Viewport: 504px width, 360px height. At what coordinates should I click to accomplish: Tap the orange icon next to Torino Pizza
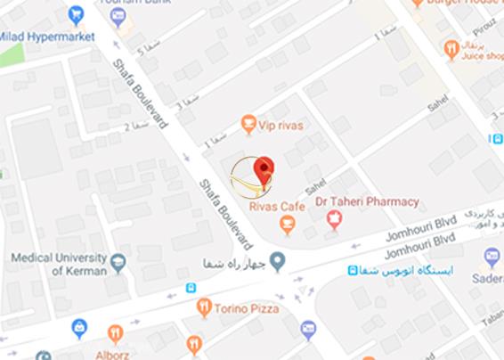pyautogui.click(x=205, y=308)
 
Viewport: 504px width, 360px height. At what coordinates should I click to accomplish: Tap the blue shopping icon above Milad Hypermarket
pyautogui.click(x=77, y=13)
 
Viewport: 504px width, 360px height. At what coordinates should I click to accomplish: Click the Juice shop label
pyautogui.click(x=481, y=54)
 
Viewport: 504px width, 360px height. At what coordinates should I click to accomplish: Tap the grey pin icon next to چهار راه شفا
pyautogui.click(x=278, y=261)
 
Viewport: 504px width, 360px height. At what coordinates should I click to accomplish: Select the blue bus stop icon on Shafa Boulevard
pyautogui.click(x=191, y=288)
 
